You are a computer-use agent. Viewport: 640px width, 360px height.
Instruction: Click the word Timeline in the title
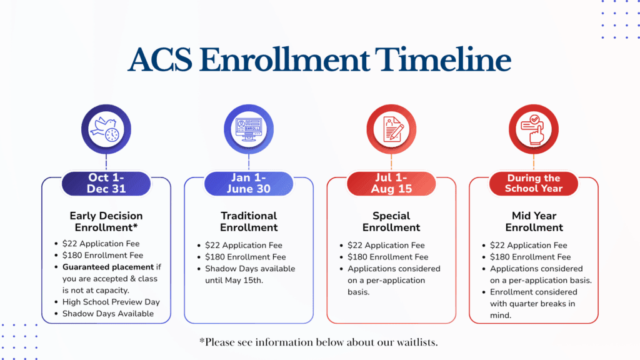click(443, 59)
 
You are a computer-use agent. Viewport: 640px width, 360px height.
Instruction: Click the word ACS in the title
click(160, 60)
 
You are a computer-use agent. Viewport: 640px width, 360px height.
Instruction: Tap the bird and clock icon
click(106, 129)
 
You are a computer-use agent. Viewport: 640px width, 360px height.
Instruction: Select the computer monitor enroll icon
click(249, 129)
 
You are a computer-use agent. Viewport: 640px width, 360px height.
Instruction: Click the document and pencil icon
click(391, 129)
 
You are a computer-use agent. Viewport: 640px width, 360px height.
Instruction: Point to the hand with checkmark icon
click(534, 129)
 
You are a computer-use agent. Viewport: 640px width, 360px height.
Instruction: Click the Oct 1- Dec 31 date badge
click(106, 183)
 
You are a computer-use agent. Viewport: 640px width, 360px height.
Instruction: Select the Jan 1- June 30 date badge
click(249, 183)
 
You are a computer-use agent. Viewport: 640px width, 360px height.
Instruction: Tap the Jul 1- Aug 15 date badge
click(391, 183)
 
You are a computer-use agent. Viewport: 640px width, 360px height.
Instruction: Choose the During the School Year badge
click(534, 183)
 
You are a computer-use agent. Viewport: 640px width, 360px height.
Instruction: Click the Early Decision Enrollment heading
click(106, 222)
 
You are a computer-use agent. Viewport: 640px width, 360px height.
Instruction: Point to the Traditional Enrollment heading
click(249, 222)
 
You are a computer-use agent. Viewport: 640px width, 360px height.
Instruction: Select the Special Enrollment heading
click(391, 222)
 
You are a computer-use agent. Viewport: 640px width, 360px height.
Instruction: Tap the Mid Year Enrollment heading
click(534, 222)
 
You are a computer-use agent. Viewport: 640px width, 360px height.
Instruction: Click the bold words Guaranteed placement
click(108, 267)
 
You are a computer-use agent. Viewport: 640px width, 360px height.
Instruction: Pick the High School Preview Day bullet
click(111, 302)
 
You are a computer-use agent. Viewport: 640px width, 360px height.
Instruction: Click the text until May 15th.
click(234, 281)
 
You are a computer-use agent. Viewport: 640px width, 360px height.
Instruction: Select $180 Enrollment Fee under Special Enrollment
click(387, 257)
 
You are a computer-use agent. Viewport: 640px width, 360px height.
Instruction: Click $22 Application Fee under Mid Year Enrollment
click(529, 245)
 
